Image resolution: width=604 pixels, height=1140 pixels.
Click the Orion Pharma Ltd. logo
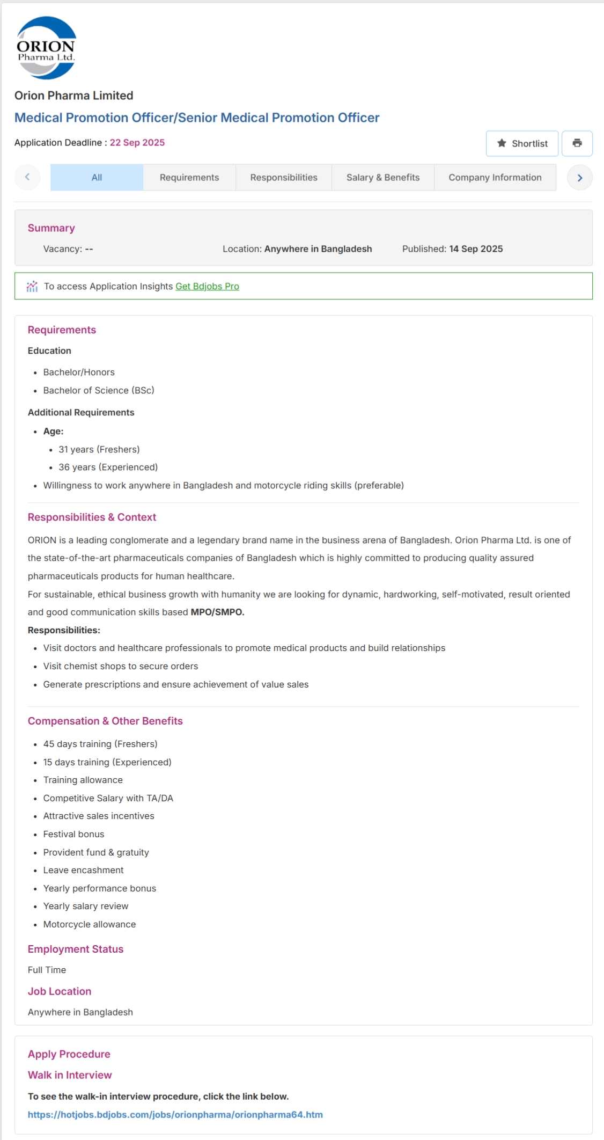click(x=46, y=48)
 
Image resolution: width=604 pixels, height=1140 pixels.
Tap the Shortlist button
click(x=522, y=143)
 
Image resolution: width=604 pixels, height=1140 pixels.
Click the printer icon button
click(x=577, y=143)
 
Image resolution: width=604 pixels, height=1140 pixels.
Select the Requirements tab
click(x=189, y=178)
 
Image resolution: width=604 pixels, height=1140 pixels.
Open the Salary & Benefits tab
click(x=382, y=178)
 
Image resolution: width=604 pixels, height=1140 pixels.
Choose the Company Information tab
click(x=495, y=178)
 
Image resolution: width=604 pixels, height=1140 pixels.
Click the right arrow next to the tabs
click(x=579, y=178)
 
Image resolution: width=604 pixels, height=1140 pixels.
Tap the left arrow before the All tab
click(x=27, y=177)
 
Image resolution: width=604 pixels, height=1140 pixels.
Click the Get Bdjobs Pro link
click(x=207, y=287)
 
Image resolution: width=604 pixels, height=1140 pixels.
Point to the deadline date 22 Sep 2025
click(x=137, y=143)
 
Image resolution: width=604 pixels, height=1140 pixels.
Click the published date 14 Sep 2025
click(x=476, y=249)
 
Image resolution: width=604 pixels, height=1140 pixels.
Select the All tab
click(x=97, y=178)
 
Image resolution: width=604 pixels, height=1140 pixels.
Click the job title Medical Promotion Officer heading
click(x=197, y=118)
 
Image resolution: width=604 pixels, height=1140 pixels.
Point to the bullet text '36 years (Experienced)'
click(x=108, y=467)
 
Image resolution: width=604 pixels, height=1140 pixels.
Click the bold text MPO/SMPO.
click(x=217, y=612)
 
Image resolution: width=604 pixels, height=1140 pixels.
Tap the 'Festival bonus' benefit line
click(x=73, y=835)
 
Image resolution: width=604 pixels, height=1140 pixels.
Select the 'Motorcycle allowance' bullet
click(x=90, y=925)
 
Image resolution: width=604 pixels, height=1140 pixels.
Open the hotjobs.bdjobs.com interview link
click(x=175, y=1115)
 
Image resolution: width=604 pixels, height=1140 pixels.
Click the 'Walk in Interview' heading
click(x=70, y=1075)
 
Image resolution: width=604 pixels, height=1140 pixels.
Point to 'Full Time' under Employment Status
click(x=47, y=970)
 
